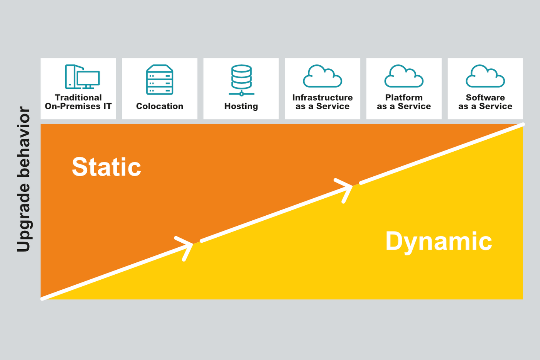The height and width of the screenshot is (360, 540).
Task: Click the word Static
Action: click(106, 167)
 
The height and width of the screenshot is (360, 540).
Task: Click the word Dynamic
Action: click(439, 242)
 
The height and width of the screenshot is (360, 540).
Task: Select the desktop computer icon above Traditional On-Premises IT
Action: click(82, 77)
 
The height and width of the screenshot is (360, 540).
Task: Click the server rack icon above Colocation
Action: click(160, 79)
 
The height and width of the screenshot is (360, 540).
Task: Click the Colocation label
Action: click(160, 106)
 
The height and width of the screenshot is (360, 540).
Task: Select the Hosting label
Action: click(241, 106)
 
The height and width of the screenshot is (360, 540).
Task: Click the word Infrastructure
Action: click(322, 98)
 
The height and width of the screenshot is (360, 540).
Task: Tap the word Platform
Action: click(404, 98)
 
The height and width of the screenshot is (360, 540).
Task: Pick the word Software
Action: click(485, 98)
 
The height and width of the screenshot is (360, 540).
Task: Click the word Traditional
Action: click(78, 98)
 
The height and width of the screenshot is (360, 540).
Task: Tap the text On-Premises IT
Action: click(78, 106)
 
